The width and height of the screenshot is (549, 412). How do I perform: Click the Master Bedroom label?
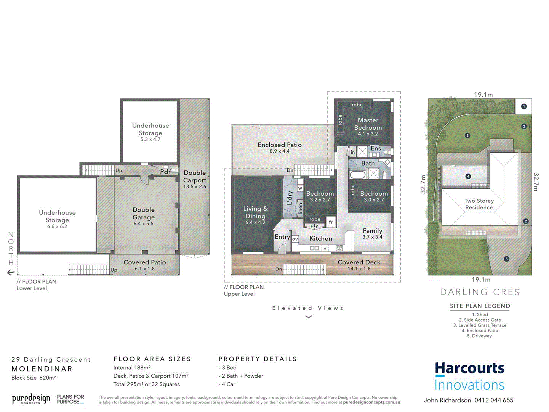pos(368,124)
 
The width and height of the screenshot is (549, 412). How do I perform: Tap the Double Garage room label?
pos(144,214)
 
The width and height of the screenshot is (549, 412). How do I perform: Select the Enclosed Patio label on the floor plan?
pos(280,145)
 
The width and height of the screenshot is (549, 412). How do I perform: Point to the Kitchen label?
pos(321,238)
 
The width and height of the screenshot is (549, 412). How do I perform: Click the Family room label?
pos(372,231)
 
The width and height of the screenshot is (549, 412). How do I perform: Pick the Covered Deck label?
pos(359,262)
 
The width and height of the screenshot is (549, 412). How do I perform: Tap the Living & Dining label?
pos(255,212)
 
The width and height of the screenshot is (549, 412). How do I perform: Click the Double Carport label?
pos(195,177)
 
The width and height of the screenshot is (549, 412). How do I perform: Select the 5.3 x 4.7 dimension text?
pos(150,140)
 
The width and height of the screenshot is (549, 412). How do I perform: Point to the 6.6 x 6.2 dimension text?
pos(57,227)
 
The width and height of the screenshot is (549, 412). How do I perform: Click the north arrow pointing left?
pos(11,272)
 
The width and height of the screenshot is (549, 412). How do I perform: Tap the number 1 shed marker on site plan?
pos(524,106)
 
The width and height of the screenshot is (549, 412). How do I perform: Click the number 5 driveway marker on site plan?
pos(506,259)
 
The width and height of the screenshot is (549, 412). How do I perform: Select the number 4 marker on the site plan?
pos(468,176)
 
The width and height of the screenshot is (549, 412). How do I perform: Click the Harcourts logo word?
pos(469,369)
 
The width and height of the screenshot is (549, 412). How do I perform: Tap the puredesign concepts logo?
pos(31,399)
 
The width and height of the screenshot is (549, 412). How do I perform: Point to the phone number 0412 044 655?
pos(494,400)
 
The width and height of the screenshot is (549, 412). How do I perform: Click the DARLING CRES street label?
pos(480,292)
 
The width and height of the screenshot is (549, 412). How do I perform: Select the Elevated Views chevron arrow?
pos(309,317)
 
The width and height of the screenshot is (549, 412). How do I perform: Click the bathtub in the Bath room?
pos(357,175)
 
